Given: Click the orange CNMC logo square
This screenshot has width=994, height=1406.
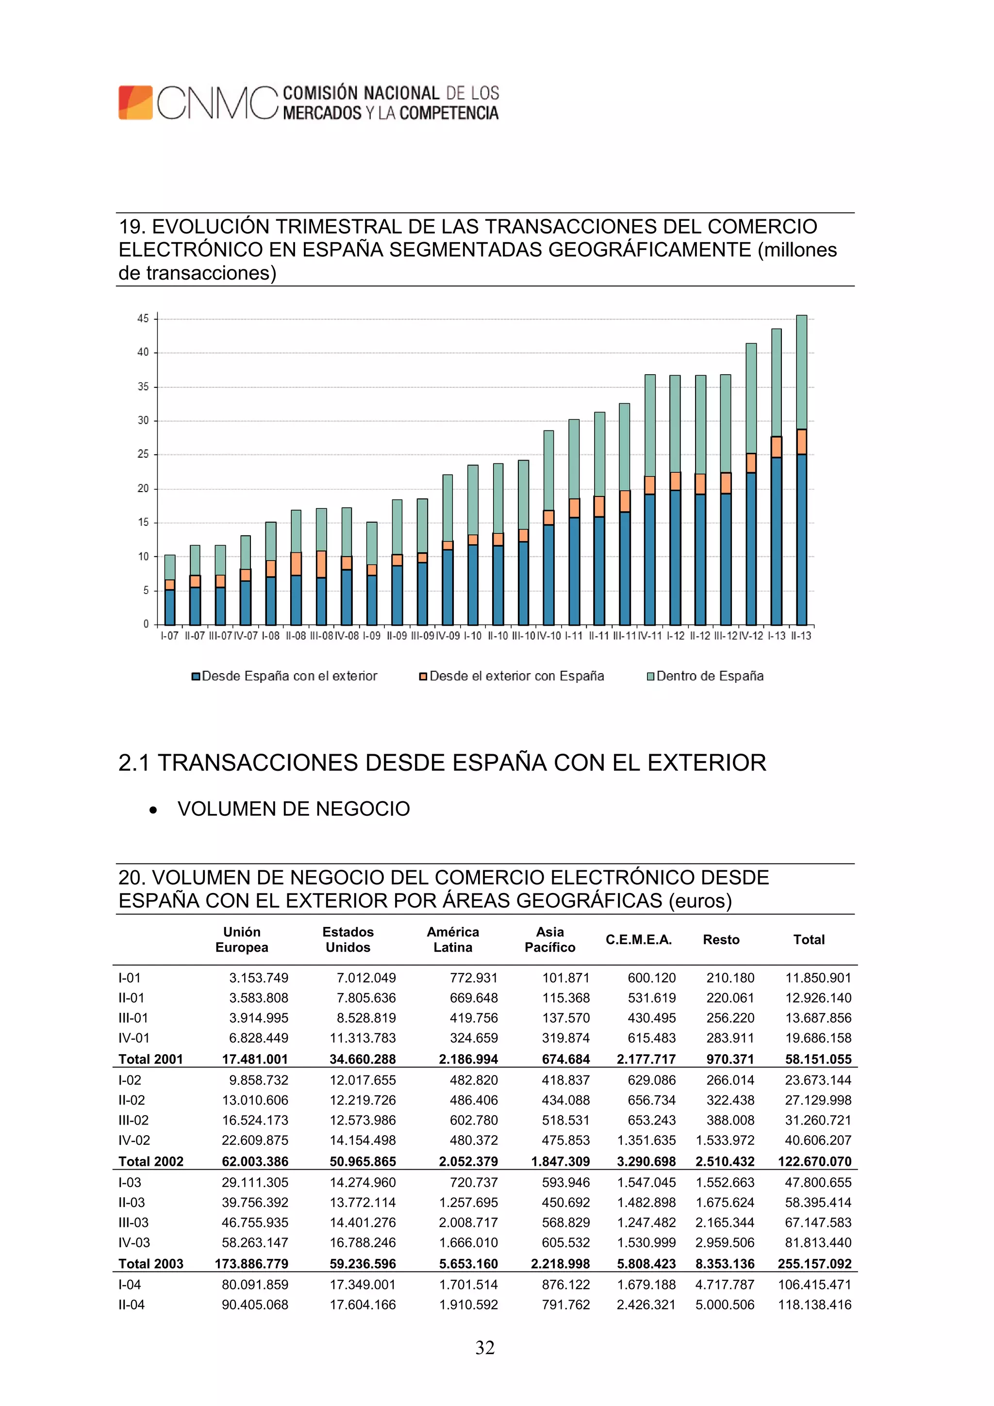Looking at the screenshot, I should (x=135, y=102).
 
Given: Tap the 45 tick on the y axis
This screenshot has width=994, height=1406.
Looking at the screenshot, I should (x=143, y=318).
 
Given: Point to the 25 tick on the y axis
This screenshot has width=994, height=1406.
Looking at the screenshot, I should (x=143, y=454).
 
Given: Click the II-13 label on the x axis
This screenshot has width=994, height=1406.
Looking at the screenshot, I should (x=801, y=636).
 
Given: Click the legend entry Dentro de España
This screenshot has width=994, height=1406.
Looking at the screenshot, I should (x=709, y=676).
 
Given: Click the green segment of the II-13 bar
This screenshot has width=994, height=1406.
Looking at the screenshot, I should (x=801, y=372).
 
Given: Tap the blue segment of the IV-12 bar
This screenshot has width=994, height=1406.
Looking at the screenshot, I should (x=751, y=548).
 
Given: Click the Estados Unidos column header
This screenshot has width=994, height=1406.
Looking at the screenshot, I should (x=348, y=940).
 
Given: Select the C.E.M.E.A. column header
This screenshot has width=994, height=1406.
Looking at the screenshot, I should (x=639, y=940).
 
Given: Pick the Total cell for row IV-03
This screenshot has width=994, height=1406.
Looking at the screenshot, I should (x=818, y=1242).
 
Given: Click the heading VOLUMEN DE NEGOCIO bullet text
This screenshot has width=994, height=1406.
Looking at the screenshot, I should (x=293, y=809).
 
